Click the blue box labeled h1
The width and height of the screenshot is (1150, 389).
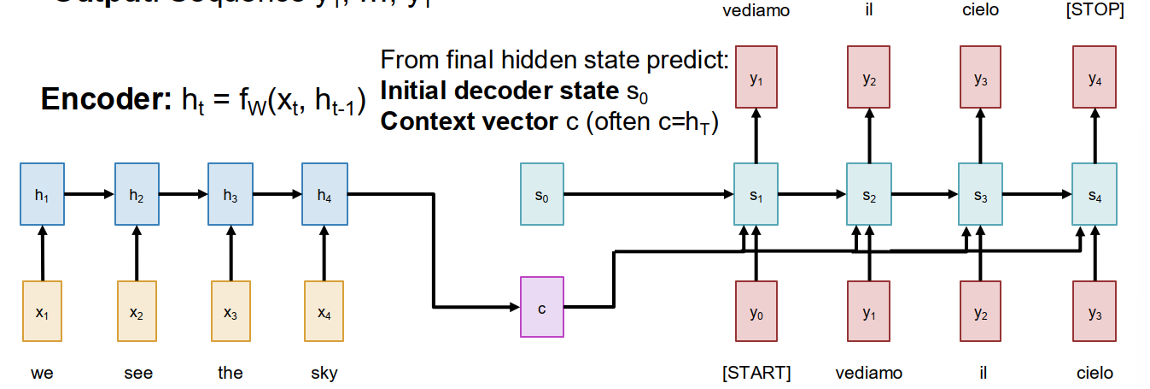42,195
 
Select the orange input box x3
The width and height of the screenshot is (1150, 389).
231,312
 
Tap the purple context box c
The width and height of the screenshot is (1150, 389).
541,307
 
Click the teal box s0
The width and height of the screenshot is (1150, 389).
541,195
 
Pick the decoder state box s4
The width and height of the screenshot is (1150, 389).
1095,195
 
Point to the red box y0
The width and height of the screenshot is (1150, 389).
756,312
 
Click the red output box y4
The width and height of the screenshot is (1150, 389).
1095,78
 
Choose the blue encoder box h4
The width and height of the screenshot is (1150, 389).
324,195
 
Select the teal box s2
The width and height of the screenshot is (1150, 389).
868,195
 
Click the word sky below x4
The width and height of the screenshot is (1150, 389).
324,373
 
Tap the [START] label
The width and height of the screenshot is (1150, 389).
756,373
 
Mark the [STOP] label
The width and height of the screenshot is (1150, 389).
1095,10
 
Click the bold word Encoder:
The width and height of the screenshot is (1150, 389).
108,100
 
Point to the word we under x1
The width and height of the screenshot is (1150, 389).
42,373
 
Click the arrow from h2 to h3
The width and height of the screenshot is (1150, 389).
183,195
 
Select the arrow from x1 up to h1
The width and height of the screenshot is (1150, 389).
42,253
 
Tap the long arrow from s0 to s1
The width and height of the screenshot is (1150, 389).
649,195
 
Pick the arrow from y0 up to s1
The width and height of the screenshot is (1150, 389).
756,256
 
